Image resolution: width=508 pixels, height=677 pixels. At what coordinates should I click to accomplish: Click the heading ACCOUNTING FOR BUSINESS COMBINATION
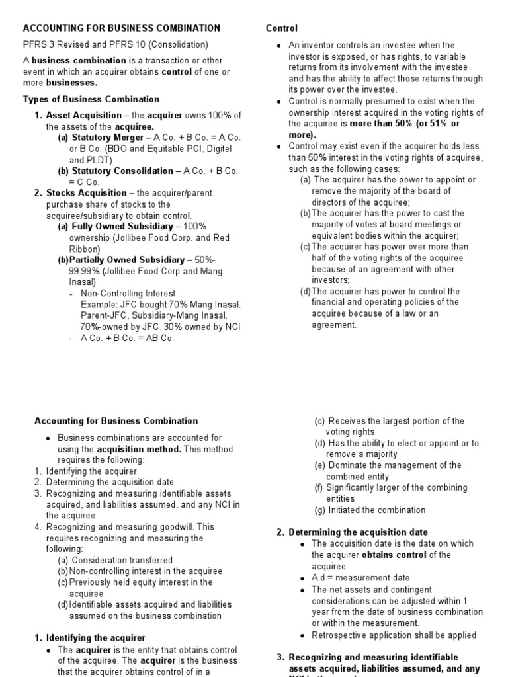click(x=122, y=28)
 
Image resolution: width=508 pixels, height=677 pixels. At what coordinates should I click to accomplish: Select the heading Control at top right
click(x=282, y=28)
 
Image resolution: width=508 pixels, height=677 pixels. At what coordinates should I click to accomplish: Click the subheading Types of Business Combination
click(x=91, y=99)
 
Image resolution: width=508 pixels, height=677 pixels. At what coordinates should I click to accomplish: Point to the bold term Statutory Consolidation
click(x=116, y=171)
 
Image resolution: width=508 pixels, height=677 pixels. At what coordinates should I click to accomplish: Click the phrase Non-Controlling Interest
click(x=128, y=293)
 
